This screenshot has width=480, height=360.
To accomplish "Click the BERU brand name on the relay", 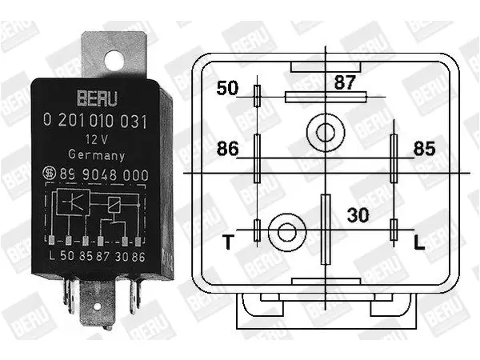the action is [x=97, y=98].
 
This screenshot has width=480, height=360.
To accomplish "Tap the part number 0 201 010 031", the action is [x=95, y=121].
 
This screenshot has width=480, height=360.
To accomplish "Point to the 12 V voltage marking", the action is [x=97, y=139].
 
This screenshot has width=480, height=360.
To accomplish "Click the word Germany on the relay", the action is [x=97, y=155].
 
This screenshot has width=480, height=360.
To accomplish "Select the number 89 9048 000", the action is [x=104, y=174].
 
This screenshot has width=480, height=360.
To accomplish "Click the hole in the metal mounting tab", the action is [x=114, y=61].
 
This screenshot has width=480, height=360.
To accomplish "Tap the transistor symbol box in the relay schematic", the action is [x=74, y=202].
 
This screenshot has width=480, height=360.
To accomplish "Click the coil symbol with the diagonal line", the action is [x=114, y=205].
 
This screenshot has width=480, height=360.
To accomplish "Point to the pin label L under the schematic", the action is [x=52, y=256].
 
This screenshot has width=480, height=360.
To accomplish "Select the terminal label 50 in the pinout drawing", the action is [x=227, y=88].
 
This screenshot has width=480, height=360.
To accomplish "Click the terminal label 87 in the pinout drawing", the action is [x=345, y=82].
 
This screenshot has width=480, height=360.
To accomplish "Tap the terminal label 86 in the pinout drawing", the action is [x=227, y=149].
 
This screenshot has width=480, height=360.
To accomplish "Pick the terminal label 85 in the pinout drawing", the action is [x=424, y=149].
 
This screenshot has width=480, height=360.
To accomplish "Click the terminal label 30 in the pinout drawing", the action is [x=358, y=215].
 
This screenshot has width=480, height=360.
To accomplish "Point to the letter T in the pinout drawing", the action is [x=228, y=242].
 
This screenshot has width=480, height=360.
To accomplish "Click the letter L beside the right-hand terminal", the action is [x=419, y=242].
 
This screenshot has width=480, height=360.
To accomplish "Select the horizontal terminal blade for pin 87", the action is [x=326, y=97].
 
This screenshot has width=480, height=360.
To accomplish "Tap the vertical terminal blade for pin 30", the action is [x=326, y=229].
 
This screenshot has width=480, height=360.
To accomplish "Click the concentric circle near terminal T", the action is [x=287, y=232].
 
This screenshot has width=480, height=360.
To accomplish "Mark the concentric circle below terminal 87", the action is [x=326, y=133].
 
